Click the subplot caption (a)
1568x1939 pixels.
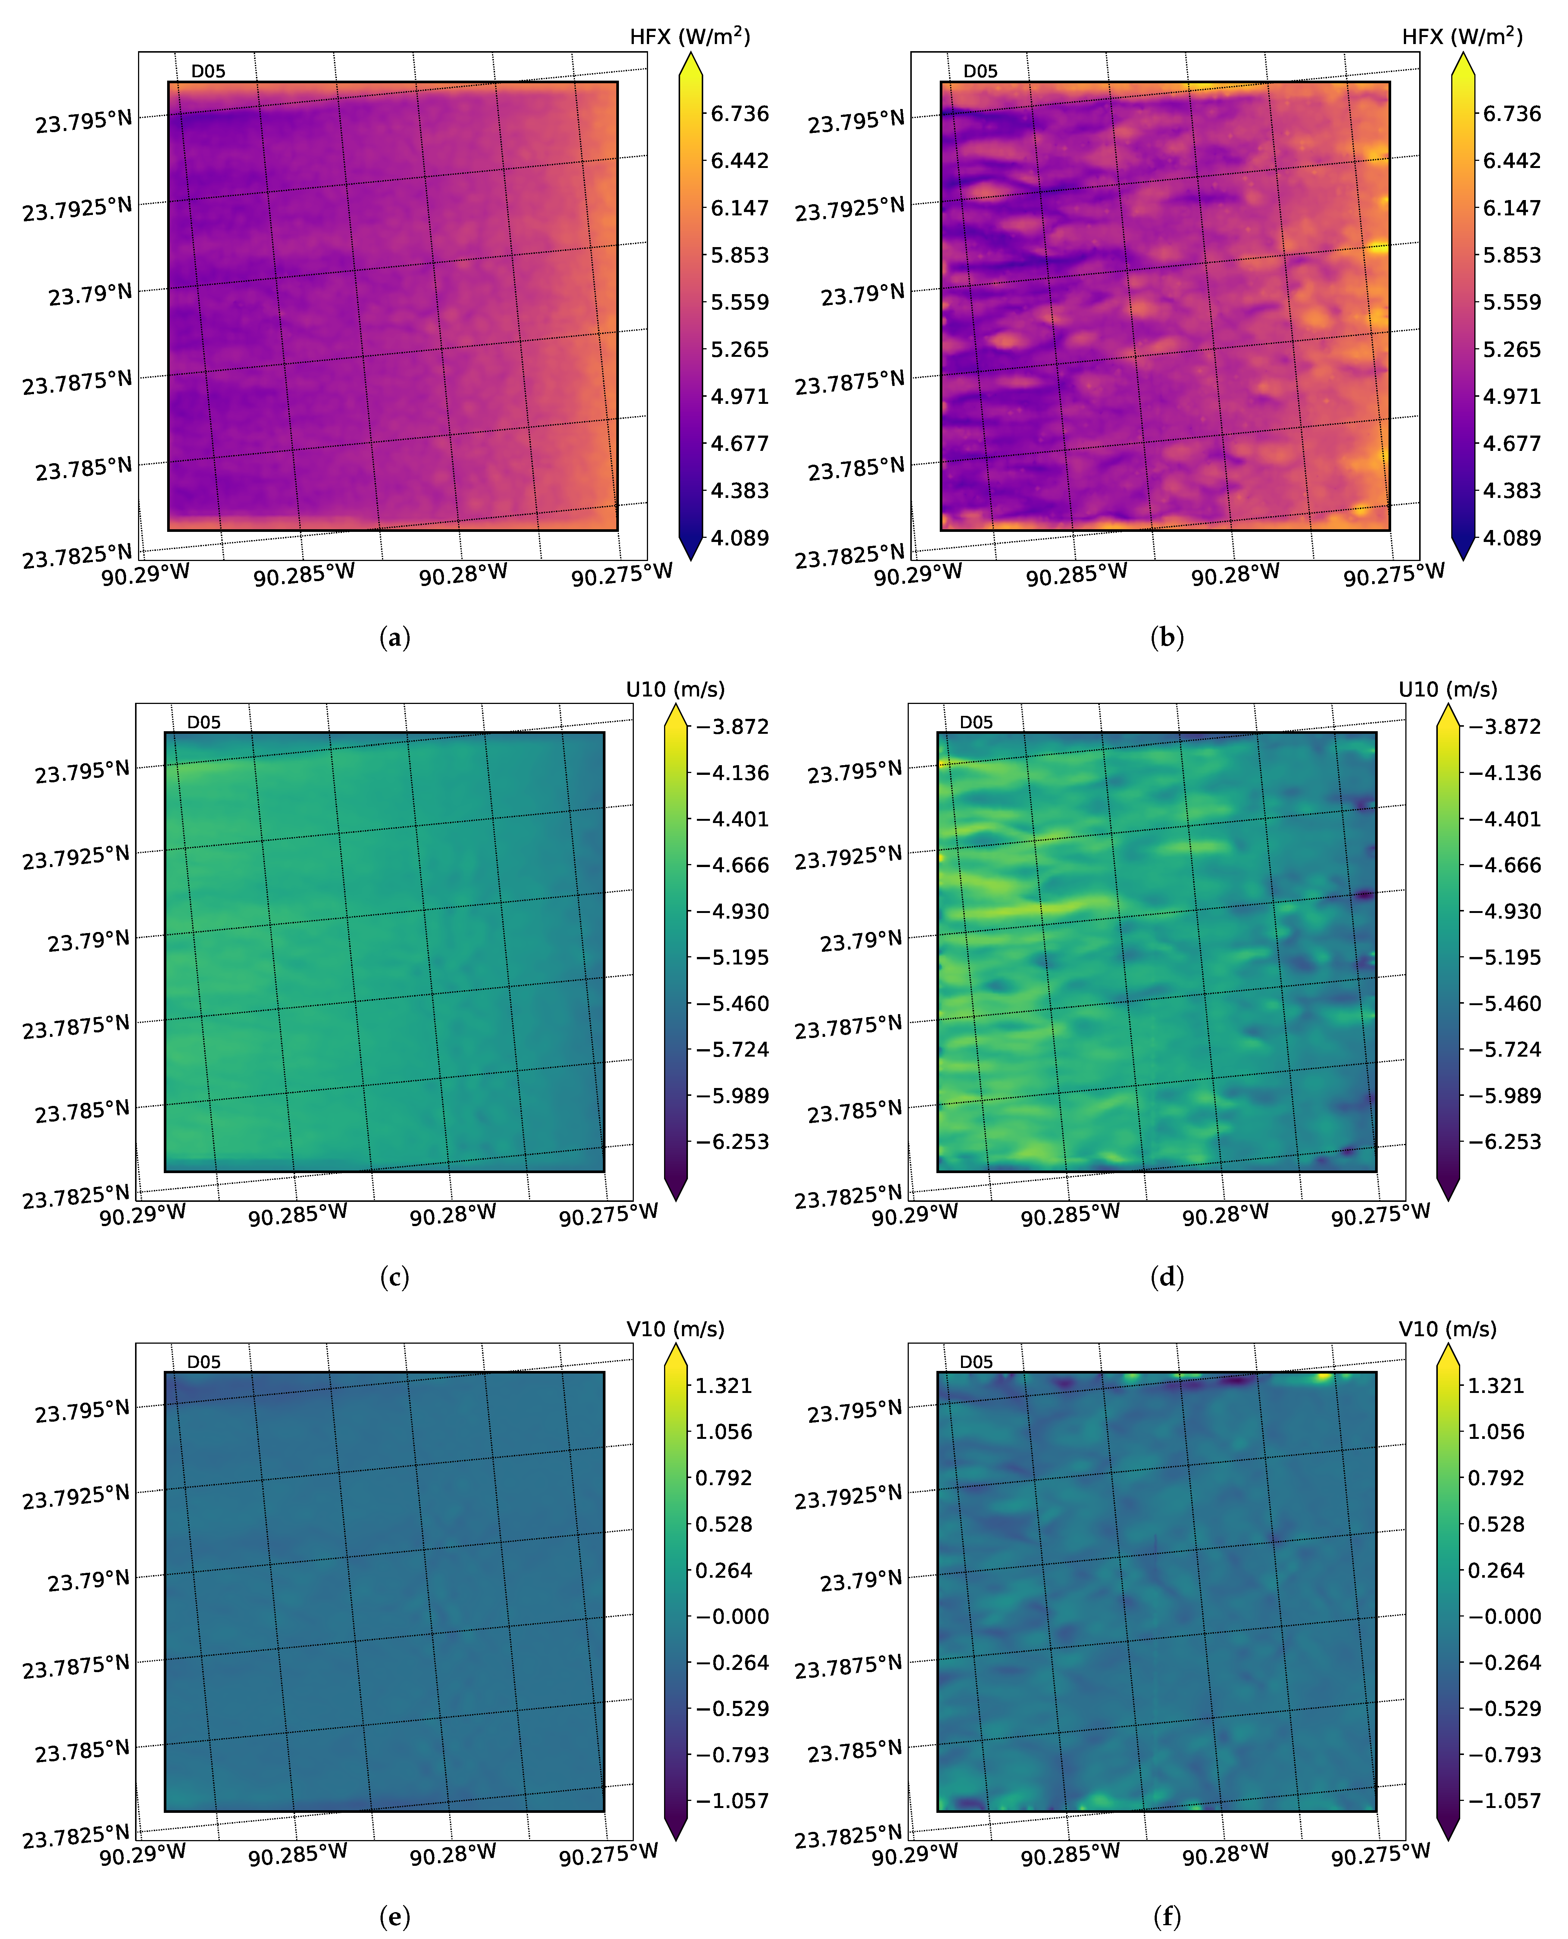[395, 638]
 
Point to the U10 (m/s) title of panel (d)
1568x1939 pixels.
[1447, 689]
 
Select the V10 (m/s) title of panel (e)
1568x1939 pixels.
[675, 1329]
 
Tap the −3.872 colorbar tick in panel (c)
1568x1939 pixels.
[732, 726]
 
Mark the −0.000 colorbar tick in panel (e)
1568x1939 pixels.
[732, 1617]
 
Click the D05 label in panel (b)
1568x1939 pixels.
[980, 71]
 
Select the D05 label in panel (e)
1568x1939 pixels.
[203, 1362]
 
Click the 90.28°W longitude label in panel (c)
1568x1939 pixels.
[453, 1215]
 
